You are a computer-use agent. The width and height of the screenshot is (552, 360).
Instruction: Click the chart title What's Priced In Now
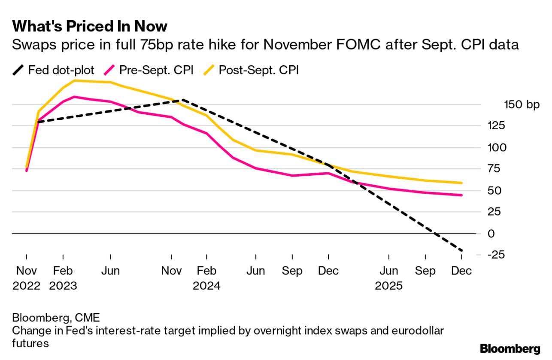[90, 26]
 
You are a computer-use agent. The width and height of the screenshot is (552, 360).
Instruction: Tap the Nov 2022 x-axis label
[27, 278]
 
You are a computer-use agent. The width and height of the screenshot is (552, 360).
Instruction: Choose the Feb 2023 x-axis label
[63, 278]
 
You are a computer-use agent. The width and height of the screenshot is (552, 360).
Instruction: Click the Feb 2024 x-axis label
[206, 278]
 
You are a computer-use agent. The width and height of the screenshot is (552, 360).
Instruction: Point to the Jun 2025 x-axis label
[388, 278]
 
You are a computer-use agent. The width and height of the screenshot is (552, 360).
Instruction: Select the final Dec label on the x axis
[461, 271]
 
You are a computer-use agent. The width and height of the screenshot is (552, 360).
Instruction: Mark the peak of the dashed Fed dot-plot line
[183, 100]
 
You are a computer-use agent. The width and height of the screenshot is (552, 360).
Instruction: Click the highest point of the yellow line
[75, 80]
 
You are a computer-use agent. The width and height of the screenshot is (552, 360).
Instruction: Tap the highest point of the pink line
[75, 97]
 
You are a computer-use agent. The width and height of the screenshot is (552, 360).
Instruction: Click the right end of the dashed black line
[462, 251]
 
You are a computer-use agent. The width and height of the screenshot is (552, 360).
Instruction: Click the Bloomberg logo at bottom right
[510, 348]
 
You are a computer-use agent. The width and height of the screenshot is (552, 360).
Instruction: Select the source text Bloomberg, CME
[56, 318]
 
